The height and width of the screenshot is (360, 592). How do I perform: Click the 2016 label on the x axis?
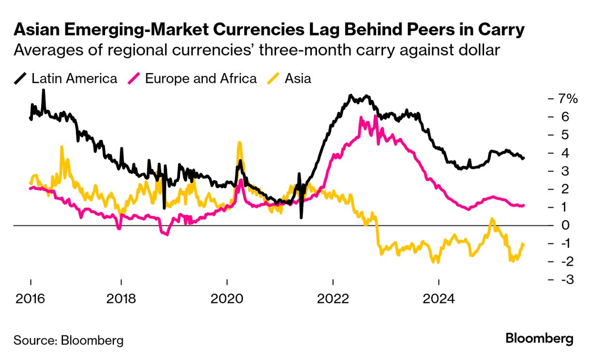(30, 298)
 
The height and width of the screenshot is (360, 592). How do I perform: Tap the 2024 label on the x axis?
(439, 298)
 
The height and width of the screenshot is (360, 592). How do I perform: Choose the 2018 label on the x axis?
(121, 298)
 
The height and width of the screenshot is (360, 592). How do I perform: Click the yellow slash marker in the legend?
(274, 78)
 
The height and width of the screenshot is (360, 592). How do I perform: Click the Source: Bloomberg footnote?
(68, 340)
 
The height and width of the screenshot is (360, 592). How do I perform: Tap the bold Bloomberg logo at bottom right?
(539, 339)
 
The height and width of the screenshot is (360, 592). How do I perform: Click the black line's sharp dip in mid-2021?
(301, 217)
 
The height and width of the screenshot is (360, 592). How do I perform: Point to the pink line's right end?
(524, 206)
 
